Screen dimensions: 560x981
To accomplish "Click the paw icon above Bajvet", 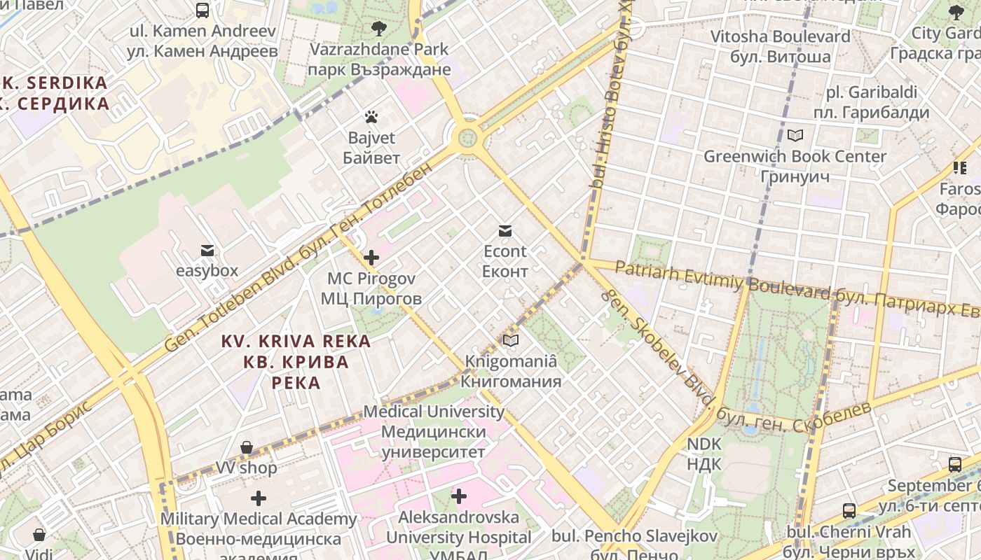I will [371, 117].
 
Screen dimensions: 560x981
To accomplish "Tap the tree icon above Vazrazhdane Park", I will [378, 29].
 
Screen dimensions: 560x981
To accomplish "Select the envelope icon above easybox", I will [207, 251].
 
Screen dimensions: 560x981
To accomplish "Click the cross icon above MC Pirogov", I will [371, 258].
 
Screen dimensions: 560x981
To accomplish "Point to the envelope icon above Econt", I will [505, 231].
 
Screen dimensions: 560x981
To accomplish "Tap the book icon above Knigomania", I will [511, 341].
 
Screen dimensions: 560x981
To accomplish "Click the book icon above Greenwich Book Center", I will [795, 135].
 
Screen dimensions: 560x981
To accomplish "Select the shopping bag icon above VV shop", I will [247, 447].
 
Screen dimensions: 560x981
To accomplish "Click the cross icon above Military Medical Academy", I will [259, 498].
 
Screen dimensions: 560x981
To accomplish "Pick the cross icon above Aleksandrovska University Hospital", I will [459, 496].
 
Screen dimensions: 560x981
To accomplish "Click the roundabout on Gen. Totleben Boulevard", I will [467, 137].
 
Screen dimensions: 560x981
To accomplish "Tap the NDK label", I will [704, 454].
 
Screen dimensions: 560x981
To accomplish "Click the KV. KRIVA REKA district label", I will [296, 362].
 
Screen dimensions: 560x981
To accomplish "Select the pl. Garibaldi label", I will [871, 102].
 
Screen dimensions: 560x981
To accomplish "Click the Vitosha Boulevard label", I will [780, 46].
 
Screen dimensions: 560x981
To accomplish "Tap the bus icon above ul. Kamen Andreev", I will [203, 10].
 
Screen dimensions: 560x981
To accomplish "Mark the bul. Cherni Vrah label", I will [849, 541].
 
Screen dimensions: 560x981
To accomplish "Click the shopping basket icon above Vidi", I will [40, 535].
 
